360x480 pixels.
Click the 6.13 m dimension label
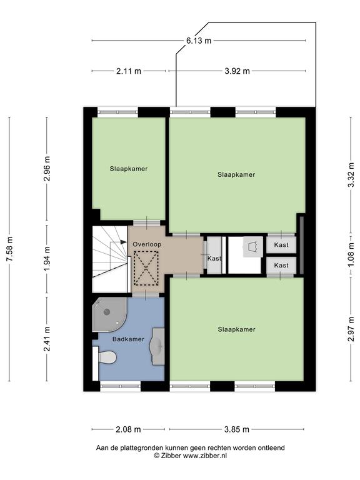click(199, 41)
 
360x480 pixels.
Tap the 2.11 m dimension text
click(129, 71)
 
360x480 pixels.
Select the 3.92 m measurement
click(237, 71)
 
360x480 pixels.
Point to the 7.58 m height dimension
click(9, 249)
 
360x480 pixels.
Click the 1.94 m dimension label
click(47, 259)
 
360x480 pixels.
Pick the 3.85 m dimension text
click(237, 429)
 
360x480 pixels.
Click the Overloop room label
click(147, 244)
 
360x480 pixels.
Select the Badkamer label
click(128, 339)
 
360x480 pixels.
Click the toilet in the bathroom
click(105, 357)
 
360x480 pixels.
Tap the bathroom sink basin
click(157, 346)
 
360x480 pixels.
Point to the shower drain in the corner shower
click(107, 312)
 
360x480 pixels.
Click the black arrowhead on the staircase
click(123, 242)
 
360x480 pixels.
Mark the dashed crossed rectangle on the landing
click(146, 268)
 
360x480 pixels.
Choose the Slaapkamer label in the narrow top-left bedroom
click(129, 169)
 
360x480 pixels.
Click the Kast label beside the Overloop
click(214, 258)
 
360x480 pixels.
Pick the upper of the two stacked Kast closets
click(281, 245)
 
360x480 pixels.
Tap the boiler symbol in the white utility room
click(252, 246)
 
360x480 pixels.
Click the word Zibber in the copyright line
click(171, 456)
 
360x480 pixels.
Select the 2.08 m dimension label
click(128, 429)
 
